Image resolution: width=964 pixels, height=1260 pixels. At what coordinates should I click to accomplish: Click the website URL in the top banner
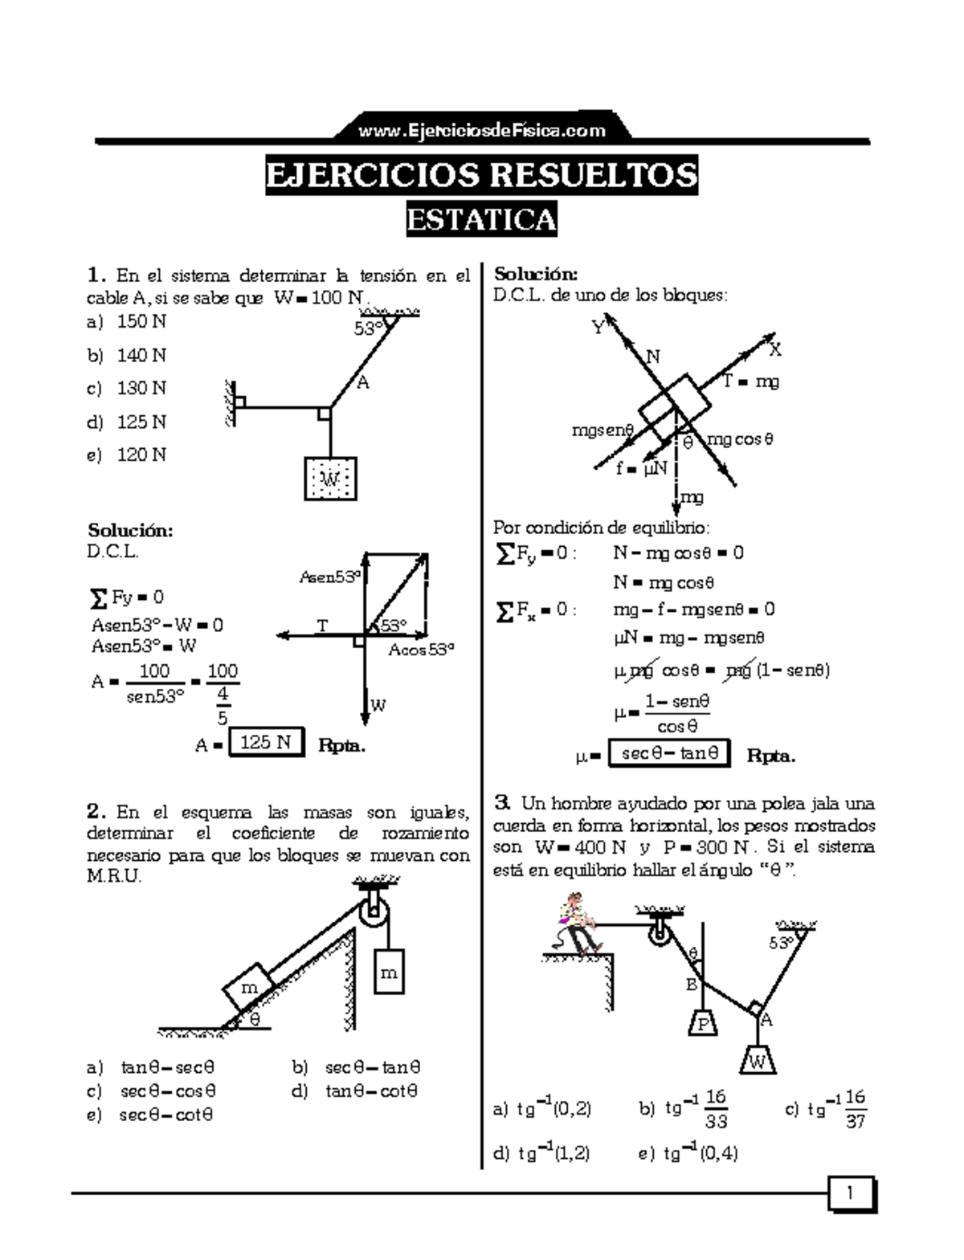[x=482, y=130]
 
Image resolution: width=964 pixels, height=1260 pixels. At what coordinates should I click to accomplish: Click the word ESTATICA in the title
[x=481, y=219]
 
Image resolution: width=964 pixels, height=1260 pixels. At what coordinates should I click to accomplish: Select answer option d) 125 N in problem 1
[x=129, y=422]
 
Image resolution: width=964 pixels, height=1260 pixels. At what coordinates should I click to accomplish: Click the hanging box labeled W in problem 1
[x=330, y=479]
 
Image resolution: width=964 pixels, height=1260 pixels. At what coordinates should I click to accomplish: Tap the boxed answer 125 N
[x=266, y=742]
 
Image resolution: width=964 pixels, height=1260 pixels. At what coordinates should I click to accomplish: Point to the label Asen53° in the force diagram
[x=329, y=577]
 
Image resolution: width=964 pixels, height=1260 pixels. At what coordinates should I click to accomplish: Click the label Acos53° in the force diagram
[x=421, y=650]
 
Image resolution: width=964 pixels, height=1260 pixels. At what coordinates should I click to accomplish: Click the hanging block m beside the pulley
[x=388, y=973]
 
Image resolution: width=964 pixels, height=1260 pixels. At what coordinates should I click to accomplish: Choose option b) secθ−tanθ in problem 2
[x=357, y=1067]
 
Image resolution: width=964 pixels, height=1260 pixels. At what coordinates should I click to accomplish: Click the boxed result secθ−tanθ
[x=669, y=753]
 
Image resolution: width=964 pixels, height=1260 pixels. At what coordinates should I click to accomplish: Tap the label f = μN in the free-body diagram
[x=642, y=468]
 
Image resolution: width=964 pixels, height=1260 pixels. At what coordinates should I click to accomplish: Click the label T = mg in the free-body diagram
[x=750, y=382]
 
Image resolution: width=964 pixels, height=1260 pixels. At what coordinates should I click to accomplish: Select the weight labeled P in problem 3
[x=703, y=1024]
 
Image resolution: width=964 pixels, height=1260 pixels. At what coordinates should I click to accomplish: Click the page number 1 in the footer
[x=850, y=1194]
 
